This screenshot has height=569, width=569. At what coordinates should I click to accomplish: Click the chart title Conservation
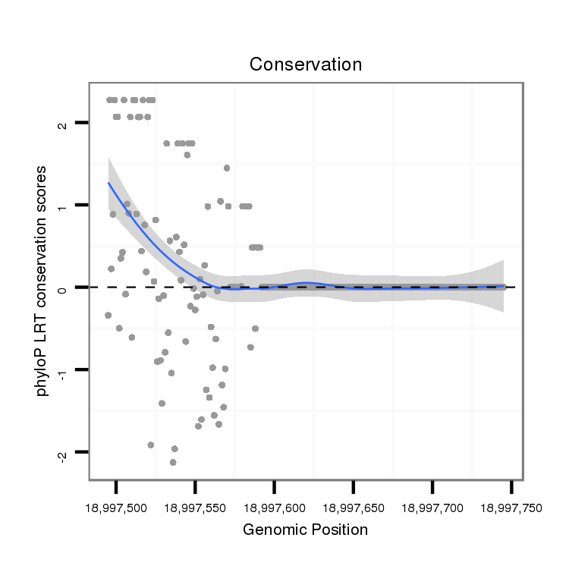tap(306, 64)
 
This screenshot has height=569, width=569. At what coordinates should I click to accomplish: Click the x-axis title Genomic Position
tap(305, 530)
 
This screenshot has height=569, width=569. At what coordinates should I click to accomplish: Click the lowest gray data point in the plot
tap(173, 462)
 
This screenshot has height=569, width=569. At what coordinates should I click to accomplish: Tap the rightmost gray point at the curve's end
tap(503, 287)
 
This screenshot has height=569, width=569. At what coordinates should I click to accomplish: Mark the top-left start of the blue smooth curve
tap(108, 183)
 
